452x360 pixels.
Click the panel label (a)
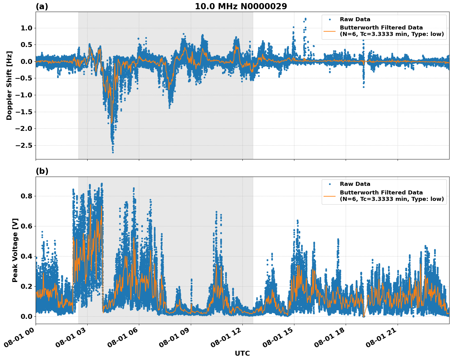point(42,6)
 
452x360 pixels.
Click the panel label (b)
point(42,171)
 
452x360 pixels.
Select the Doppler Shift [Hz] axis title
point(9,85)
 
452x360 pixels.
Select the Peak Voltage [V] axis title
point(15,250)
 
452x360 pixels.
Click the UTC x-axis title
point(242,353)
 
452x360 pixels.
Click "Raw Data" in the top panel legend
point(355,19)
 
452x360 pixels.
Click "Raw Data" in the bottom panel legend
point(355,184)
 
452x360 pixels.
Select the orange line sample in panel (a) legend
point(330,31)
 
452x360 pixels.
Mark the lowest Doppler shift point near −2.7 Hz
point(113,152)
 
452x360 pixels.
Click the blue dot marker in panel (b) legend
point(330,184)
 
